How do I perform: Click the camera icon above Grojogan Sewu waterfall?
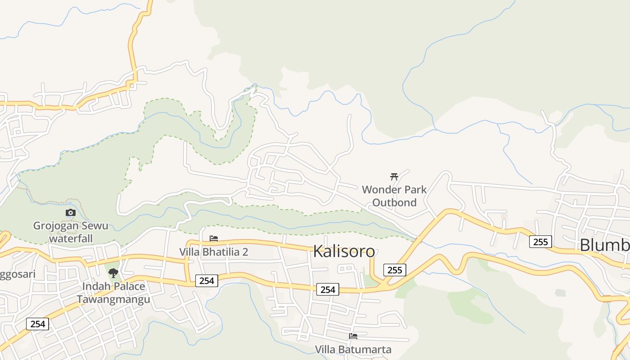pos(70,212)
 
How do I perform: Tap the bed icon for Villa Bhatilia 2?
pos(214,238)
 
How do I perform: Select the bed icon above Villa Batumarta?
pos(353,336)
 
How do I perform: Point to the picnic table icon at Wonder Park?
pos(394,176)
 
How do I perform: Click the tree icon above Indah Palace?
pos(113,273)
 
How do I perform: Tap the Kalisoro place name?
pos(344,251)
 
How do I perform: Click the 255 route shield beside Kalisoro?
pos(395,270)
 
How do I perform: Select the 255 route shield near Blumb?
pos(540,242)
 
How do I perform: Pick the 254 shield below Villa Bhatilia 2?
pos(207,281)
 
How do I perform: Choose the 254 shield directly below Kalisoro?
pos(328,289)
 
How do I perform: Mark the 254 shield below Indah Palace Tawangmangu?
pos(37,324)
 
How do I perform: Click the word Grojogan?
pos(56,225)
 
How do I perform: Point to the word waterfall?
pos(71,238)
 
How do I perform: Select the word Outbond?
pos(395,202)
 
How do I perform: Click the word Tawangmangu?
pos(113,300)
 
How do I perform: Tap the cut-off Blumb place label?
pos(604,245)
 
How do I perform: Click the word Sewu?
pos(94,225)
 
